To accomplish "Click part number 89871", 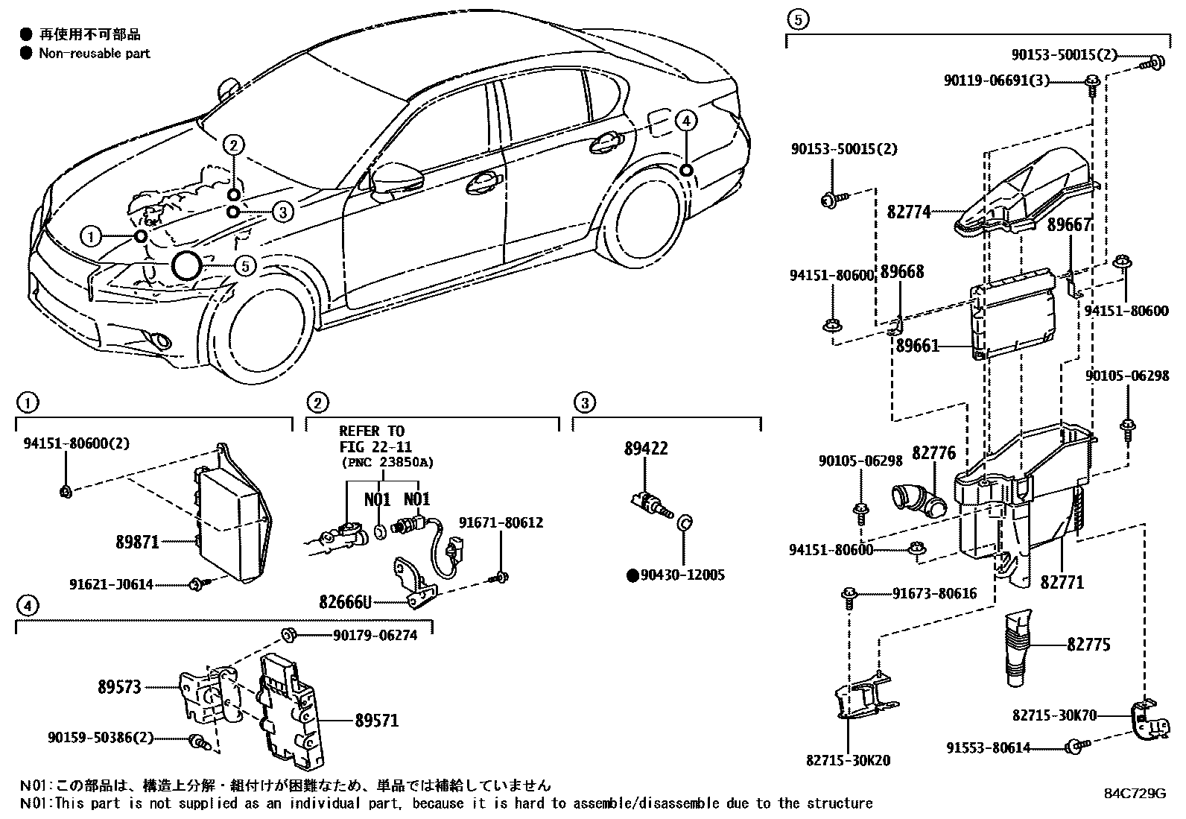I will [x=137, y=543].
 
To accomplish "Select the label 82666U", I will [x=345, y=601].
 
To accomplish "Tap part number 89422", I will [x=646, y=449].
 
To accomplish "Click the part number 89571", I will [x=376, y=721].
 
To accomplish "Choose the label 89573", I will [x=119, y=687].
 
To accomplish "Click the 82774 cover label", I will [x=909, y=212].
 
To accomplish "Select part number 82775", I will [x=1088, y=644].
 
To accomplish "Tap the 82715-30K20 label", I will [x=848, y=761].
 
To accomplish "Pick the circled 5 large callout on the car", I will [x=186, y=266].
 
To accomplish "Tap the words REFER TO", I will [x=372, y=431].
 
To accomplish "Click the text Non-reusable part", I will [x=95, y=53].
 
